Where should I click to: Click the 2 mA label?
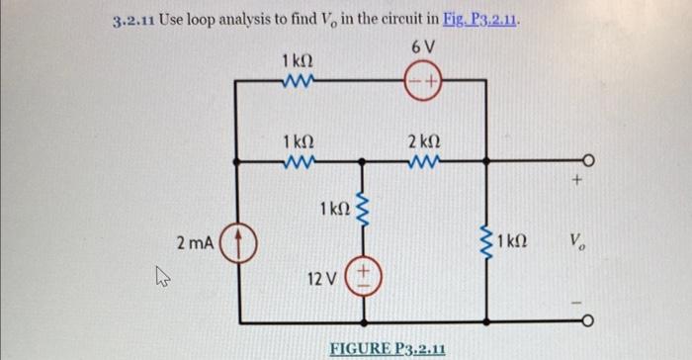(x=193, y=241)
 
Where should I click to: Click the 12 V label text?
(x=326, y=279)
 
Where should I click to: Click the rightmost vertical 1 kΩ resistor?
(x=485, y=240)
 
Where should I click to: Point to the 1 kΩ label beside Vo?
(x=517, y=240)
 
